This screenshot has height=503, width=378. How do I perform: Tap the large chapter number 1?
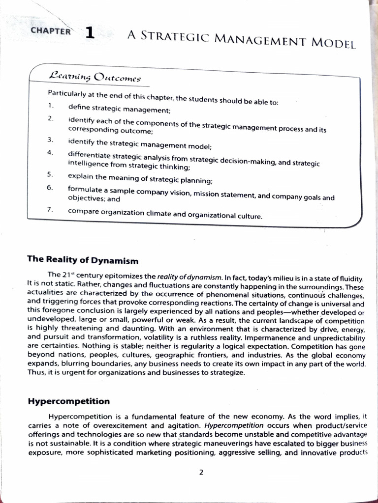click(90, 32)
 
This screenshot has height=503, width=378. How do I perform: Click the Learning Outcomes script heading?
click(95, 77)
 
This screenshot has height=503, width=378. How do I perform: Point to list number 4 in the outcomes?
click(50, 152)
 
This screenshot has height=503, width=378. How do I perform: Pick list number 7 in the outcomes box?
click(50, 210)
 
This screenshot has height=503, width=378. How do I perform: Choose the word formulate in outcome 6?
click(85, 189)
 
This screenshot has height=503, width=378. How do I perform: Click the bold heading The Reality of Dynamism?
click(83, 260)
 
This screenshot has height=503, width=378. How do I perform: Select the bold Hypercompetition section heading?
click(68, 401)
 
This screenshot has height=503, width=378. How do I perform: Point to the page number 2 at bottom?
click(201, 473)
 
